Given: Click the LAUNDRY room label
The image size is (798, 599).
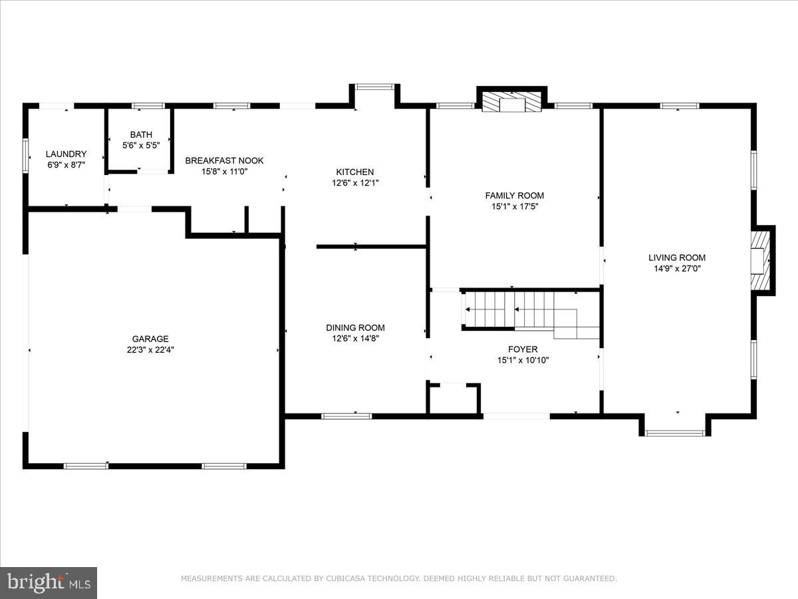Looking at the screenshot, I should [x=66, y=154].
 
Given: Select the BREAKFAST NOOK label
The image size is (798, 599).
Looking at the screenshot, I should [x=224, y=160].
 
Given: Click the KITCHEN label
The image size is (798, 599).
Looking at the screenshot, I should [x=355, y=172].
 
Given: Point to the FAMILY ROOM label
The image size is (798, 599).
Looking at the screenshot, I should [x=514, y=195].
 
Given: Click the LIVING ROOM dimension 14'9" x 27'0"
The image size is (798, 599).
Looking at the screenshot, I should [x=677, y=269].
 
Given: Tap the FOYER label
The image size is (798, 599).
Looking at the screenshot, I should [x=523, y=349].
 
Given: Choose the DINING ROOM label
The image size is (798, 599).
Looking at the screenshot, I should [x=355, y=327].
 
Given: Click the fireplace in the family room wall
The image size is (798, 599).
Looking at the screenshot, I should [x=512, y=101].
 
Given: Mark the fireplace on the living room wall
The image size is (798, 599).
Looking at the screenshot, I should [x=760, y=260].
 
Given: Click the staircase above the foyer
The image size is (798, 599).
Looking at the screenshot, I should [x=525, y=311].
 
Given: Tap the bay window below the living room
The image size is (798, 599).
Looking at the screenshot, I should [x=676, y=432].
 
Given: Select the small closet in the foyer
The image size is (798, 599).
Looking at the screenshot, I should [x=454, y=399].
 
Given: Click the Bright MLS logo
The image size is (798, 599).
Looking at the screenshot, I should [x=49, y=582].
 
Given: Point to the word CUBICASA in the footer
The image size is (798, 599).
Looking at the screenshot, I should [x=347, y=578].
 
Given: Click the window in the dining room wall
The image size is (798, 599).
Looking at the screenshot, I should [x=346, y=416].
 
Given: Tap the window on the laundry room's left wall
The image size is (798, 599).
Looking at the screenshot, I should [x=26, y=155].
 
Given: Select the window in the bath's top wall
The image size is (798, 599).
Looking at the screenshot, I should [x=148, y=105].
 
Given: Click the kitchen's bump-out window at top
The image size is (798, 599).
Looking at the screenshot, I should [x=374, y=87].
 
